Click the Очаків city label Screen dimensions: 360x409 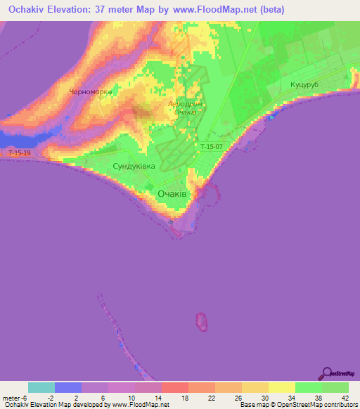[172, 194]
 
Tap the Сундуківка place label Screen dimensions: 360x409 [134, 167]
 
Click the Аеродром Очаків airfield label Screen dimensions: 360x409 [186, 109]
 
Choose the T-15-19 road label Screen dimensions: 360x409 [20, 152]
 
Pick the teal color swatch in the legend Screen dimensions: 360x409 [41, 387]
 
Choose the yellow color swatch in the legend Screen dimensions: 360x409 [282, 387]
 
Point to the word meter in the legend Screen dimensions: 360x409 [12, 398]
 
